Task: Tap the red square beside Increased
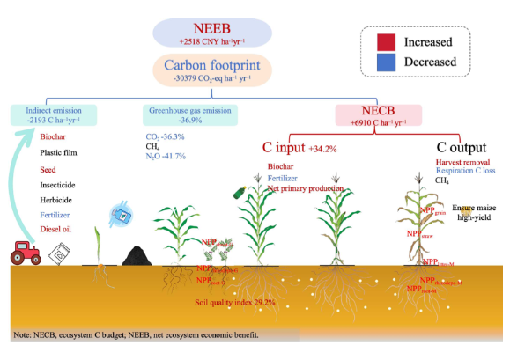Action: pos(382,41)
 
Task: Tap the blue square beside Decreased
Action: pos(382,62)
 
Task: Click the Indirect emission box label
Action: pos(55,110)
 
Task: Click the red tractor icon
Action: pos(26,253)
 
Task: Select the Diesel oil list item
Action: pos(60,229)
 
